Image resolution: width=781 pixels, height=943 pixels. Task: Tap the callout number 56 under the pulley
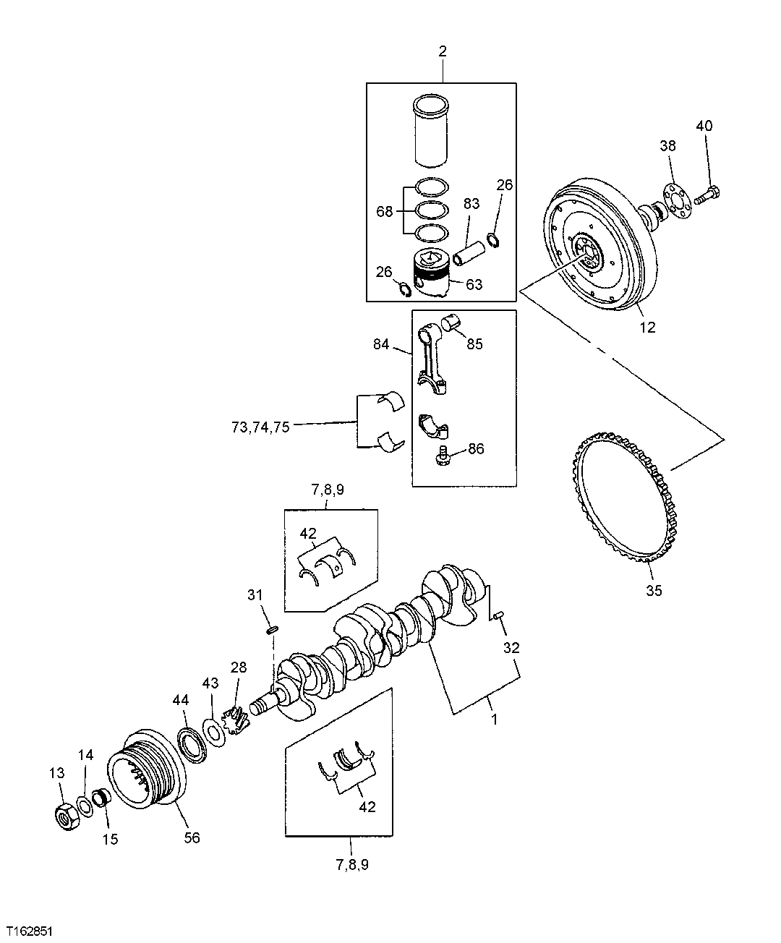pos(192,837)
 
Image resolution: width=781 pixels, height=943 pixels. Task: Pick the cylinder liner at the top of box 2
pos(432,130)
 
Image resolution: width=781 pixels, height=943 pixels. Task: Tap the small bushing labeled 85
pos(453,322)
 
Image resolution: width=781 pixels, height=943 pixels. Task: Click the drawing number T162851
pos(30,929)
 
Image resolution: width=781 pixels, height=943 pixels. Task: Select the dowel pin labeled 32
pos(498,615)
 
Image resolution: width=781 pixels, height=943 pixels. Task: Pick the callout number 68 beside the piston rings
pos(385,212)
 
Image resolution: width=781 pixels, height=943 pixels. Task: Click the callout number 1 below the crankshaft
pos(494,720)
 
